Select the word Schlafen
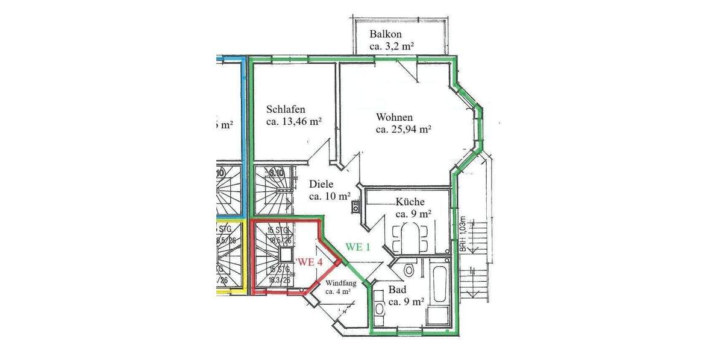286,110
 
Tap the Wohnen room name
394,117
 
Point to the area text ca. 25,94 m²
403,129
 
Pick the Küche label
410,202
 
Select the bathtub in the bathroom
439,284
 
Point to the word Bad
397,290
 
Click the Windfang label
341,283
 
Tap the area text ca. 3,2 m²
392,46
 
